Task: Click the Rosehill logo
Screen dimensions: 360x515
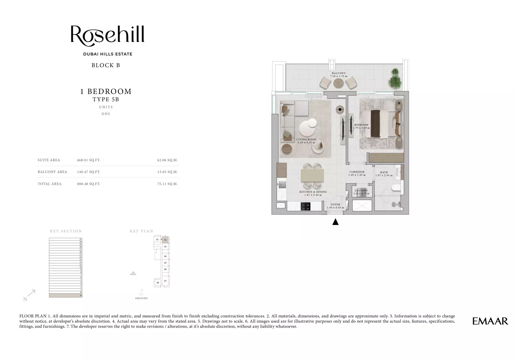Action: pyautogui.click(x=107, y=36)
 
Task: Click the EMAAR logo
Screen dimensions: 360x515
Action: pyautogui.click(x=490, y=321)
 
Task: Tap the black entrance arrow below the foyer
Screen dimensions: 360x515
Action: pyautogui.click(x=335, y=222)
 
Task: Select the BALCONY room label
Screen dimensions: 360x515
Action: pyautogui.click(x=339, y=73)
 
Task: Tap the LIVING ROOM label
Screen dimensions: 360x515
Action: pyautogui.click(x=306, y=140)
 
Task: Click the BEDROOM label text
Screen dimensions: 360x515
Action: pyautogui.click(x=361, y=125)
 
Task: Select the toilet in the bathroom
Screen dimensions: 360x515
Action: pyautogui.click(x=396, y=188)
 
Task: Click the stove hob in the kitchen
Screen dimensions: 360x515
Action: pyautogui.click(x=306, y=206)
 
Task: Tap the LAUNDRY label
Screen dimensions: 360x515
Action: pyautogui.click(x=361, y=191)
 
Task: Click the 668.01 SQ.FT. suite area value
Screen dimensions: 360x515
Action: pyautogui.click(x=89, y=160)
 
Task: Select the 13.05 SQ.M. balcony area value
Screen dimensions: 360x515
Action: pyautogui.click(x=167, y=172)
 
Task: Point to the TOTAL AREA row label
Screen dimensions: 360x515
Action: pyautogui.click(x=49, y=184)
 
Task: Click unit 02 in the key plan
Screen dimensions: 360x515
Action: pyautogui.click(x=165, y=240)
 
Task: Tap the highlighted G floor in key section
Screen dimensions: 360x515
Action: pyautogui.click(x=65, y=295)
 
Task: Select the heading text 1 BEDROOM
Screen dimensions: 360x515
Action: pyautogui.click(x=106, y=92)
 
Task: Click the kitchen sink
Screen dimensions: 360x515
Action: pyautogui.click(x=282, y=185)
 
